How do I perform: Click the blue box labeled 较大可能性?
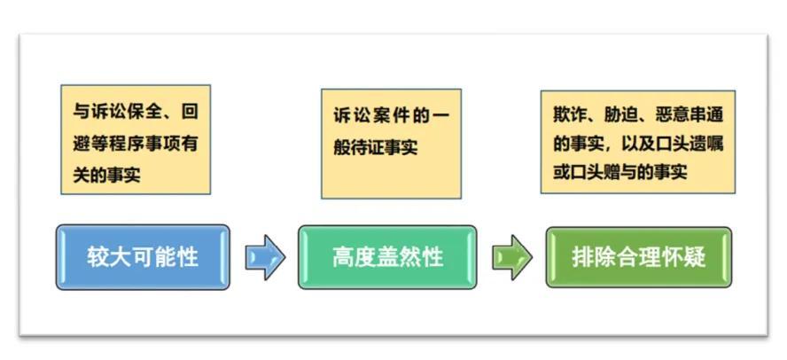click(143, 257)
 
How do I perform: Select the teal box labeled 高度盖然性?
click(387, 257)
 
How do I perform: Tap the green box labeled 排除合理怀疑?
click(639, 257)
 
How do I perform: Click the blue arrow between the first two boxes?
click(264, 257)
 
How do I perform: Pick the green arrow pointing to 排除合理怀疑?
click(511, 257)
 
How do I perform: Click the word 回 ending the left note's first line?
click(189, 113)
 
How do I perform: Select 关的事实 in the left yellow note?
click(106, 175)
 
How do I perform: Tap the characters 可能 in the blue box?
click(152, 257)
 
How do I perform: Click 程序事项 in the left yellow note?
click(142, 144)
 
